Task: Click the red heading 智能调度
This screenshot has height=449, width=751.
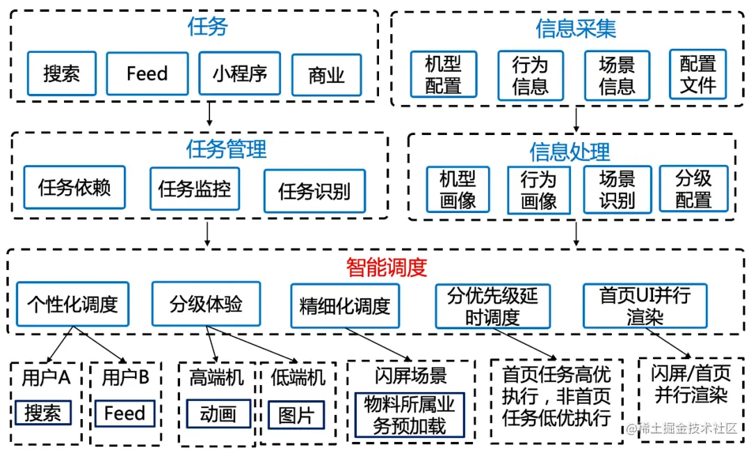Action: click(386, 267)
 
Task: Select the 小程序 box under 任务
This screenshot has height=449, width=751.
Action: click(239, 73)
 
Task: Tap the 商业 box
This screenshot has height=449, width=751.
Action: click(326, 75)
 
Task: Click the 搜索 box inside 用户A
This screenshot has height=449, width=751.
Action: click(43, 413)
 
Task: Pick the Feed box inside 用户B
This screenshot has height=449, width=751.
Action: click(124, 413)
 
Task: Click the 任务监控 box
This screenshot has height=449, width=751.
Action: click(195, 188)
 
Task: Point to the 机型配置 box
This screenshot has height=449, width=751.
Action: click(443, 74)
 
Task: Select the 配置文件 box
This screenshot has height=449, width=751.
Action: click(697, 74)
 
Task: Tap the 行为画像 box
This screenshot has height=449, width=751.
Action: click(539, 190)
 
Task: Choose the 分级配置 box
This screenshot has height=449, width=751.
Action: click(693, 189)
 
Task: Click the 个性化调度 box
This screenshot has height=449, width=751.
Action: click(72, 304)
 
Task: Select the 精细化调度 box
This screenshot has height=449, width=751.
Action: click(345, 306)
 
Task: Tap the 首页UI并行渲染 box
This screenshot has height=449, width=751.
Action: click(645, 306)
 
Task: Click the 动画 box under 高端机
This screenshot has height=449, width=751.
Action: click(218, 414)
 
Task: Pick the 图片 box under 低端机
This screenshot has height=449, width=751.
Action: click(296, 416)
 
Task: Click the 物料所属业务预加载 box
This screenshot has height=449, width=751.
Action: click(409, 416)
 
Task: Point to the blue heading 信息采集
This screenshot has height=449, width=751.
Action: click(576, 29)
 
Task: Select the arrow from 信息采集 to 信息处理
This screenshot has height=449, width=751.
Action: click(576, 120)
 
